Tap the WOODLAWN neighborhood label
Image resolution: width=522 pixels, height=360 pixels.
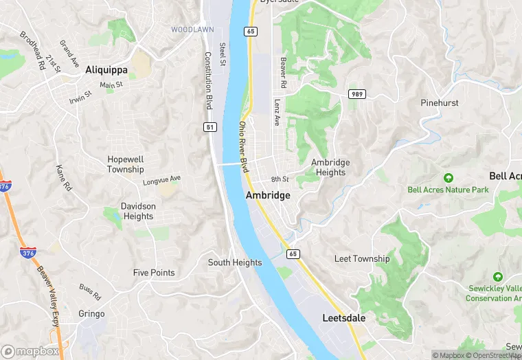point(192,30)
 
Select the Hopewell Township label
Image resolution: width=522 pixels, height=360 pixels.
point(126,164)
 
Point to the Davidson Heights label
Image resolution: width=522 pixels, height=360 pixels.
point(137,211)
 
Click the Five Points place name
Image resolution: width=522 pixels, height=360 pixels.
point(154,273)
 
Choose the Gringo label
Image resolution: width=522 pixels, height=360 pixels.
point(91,314)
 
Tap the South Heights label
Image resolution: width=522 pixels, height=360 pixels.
point(235,262)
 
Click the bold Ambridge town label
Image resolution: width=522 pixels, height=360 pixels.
point(268,195)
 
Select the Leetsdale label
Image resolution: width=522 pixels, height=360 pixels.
point(344,318)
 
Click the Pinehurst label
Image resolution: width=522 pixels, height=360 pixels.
point(440,102)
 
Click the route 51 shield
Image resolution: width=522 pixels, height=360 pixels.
point(210,127)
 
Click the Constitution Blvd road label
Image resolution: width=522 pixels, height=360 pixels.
point(208,81)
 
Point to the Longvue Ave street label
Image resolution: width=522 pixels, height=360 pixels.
point(161,180)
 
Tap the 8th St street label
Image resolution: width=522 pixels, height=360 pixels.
point(280,179)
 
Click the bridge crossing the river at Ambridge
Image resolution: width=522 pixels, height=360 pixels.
point(229,164)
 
